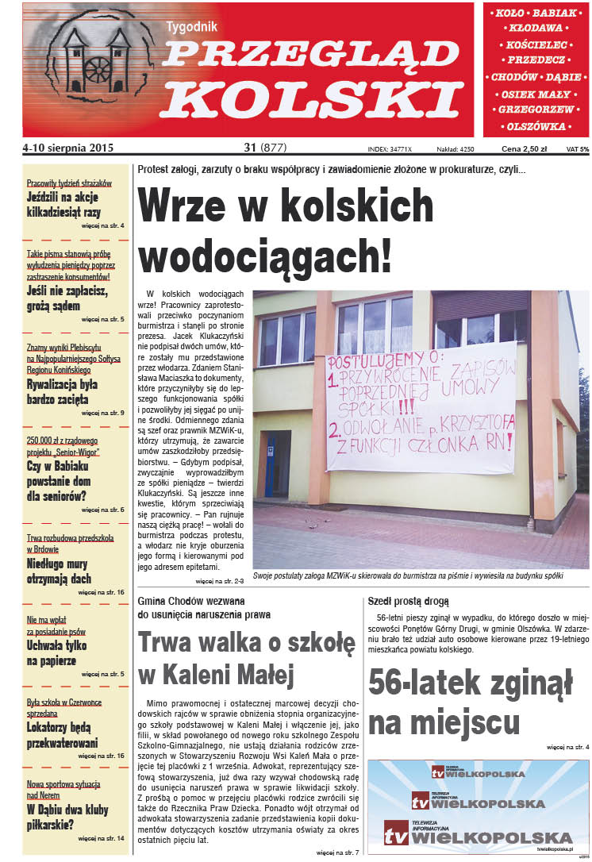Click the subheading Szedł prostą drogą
pyautogui.click(x=409, y=601)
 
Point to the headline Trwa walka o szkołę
pyautogui.click(x=246, y=642)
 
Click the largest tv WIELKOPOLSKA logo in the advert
pyautogui.click(x=479, y=833)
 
